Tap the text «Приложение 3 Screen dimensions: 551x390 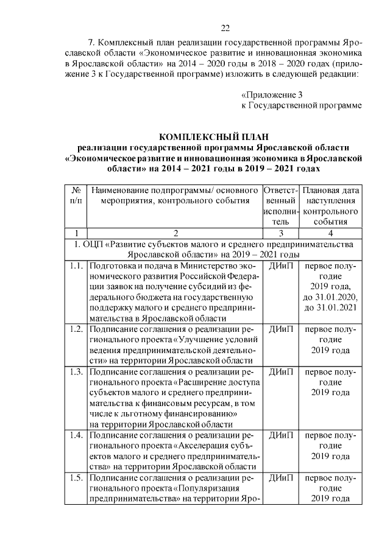click(271, 95)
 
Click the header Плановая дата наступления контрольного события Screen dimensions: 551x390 click(330, 206)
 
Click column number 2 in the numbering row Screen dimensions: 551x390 click(175, 233)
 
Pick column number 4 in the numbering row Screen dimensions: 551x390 click(330, 233)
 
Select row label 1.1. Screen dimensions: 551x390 click(76, 267)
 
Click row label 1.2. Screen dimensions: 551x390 click(76, 329)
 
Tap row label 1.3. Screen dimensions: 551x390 click(76, 371)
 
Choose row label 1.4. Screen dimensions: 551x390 click(76, 435)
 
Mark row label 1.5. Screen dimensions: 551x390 click(76, 477)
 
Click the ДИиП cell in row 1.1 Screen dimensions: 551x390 click(280, 267)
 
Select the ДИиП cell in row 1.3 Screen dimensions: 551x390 click(280, 371)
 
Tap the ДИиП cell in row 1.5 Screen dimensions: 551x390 click(280, 477)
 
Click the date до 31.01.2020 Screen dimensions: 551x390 click(330, 297)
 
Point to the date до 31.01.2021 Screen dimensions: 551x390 click(330, 307)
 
